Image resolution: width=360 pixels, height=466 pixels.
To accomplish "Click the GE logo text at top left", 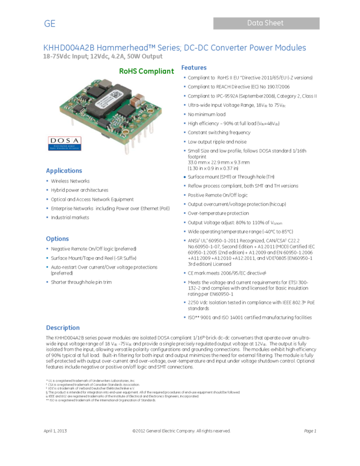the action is tap(50, 24).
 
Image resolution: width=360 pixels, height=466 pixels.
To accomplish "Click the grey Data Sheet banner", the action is tap(266, 23).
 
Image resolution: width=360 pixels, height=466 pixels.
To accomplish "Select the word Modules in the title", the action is tap(290, 48).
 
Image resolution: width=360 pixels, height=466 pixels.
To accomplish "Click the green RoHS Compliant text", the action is tap(146, 71).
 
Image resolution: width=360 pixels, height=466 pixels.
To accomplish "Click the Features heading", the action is tap(193, 68).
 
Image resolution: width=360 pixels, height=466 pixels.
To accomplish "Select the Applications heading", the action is tap(64, 171).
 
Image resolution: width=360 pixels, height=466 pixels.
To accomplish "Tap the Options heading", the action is tap(57, 238).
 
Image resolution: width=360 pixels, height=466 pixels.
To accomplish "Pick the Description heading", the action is tap(62, 328).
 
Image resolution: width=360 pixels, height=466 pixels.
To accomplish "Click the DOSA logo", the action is tap(64, 143).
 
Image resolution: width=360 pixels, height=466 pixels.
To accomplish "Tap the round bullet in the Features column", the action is tap(185, 177).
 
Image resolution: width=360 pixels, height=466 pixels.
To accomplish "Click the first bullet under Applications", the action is tap(47, 180).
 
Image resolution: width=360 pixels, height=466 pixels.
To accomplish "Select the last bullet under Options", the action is tap(47, 282).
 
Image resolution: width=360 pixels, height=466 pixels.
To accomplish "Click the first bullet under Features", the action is tap(185, 77).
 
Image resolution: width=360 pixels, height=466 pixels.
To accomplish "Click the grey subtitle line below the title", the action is tap(103, 56).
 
